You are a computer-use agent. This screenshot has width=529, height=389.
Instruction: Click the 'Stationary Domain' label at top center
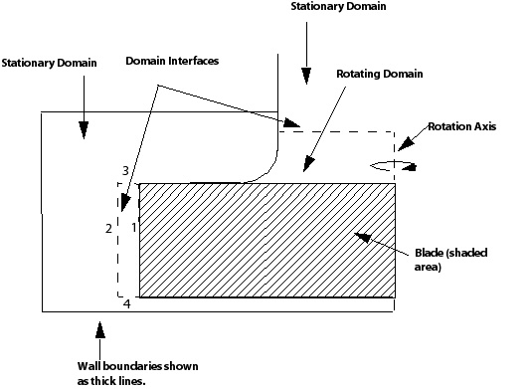338,7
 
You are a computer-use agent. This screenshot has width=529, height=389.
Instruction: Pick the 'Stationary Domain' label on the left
49,63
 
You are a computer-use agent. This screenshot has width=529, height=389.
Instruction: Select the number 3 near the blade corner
125,171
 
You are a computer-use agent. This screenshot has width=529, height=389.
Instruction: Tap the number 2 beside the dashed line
108,229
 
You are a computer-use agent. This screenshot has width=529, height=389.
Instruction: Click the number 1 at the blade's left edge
131,227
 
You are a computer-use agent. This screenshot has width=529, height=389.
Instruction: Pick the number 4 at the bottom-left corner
126,303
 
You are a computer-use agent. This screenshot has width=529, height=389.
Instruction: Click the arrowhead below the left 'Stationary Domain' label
84,126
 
